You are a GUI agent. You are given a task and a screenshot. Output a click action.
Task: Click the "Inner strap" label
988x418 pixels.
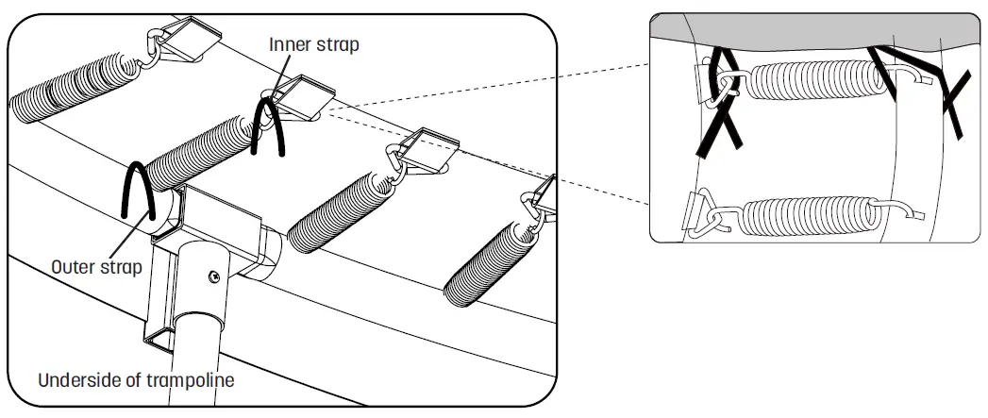pyautogui.click(x=313, y=44)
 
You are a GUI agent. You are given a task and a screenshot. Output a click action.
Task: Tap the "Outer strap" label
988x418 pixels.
pyautogui.click(x=97, y=267)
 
